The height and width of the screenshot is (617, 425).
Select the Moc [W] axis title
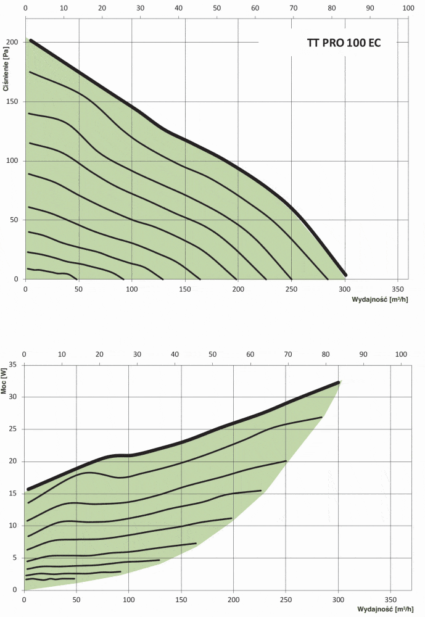[x=6, y=382]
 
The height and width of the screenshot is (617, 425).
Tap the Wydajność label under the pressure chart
[x=379, y=299]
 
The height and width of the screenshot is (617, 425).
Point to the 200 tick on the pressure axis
[x=11, y=42]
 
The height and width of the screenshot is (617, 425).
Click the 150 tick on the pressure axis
[x=11, y=101]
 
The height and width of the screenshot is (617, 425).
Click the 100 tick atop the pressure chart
[x=408, y=9]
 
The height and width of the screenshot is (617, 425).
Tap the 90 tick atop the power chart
[x=363, y=354]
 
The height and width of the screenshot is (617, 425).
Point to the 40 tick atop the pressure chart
[x=178, y=9]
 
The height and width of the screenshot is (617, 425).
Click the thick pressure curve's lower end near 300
[x=345, y=275]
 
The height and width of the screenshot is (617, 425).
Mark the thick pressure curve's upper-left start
[x=31, y=41]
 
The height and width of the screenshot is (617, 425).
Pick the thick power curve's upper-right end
[x=339, y=383]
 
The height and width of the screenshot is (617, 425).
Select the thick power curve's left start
[x=28, y=489]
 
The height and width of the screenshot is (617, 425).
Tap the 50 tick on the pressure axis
[x=13, y=220]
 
